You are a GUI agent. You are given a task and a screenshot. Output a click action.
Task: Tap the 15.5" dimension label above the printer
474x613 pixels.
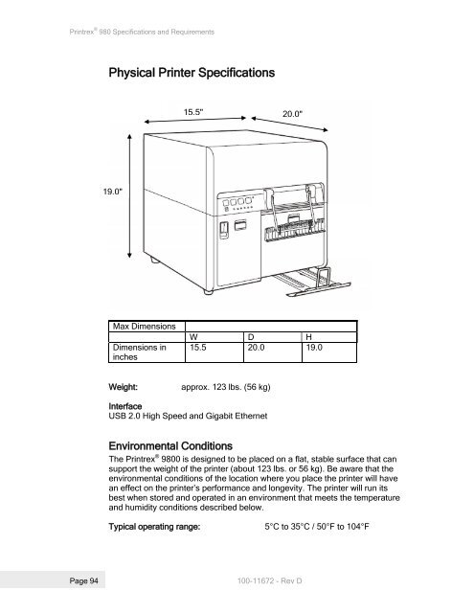pyautogui.click(x=194, y=111)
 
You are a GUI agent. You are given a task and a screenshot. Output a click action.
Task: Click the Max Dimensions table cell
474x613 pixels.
pyautogui.click(x=142, y=326)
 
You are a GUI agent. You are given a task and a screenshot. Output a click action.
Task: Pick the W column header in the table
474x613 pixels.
pyautogui.click(x=193, y=337)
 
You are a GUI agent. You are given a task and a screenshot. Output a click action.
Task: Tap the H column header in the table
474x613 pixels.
pyautogui.click(x=307, y=337)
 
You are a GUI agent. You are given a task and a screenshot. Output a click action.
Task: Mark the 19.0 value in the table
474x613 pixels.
pyautogui.click(x=314, y=350)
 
